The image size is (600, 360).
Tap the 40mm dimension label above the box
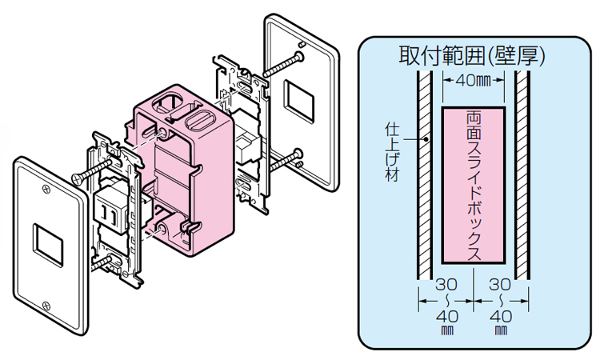(x=472, y=80)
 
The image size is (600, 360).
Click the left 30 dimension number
(x=446, y=285)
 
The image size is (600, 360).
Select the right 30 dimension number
(x=500, y=285)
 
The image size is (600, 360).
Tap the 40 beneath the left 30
(x=446, y=316)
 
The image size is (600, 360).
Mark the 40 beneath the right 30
(x=500, y=316)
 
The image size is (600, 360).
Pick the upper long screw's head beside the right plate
(x=300, y=57)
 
